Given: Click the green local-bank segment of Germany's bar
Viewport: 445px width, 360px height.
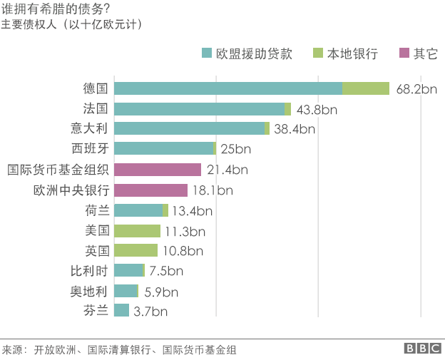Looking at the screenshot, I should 366,88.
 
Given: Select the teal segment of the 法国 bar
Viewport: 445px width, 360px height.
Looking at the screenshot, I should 199,109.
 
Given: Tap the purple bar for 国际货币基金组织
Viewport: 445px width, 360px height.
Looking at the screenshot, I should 158,170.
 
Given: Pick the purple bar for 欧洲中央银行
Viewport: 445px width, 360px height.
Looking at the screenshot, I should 150,190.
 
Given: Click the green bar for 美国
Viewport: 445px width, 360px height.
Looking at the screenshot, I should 137,231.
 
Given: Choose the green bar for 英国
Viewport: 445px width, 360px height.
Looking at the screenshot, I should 135,251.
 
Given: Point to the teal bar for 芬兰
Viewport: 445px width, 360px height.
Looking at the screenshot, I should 121,310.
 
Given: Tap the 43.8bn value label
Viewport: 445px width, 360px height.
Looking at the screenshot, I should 317,109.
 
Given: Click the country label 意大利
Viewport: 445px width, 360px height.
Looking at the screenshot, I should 89,129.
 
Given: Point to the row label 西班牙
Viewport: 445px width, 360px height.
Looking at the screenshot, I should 89,149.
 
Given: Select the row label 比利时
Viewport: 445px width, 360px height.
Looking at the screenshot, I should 89,270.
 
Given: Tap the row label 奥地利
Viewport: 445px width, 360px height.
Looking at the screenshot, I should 89,290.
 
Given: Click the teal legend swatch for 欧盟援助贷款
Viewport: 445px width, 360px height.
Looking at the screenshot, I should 207,53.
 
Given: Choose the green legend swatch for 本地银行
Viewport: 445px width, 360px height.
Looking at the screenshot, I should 317,53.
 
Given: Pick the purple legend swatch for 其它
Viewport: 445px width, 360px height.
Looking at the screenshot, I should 404,53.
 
